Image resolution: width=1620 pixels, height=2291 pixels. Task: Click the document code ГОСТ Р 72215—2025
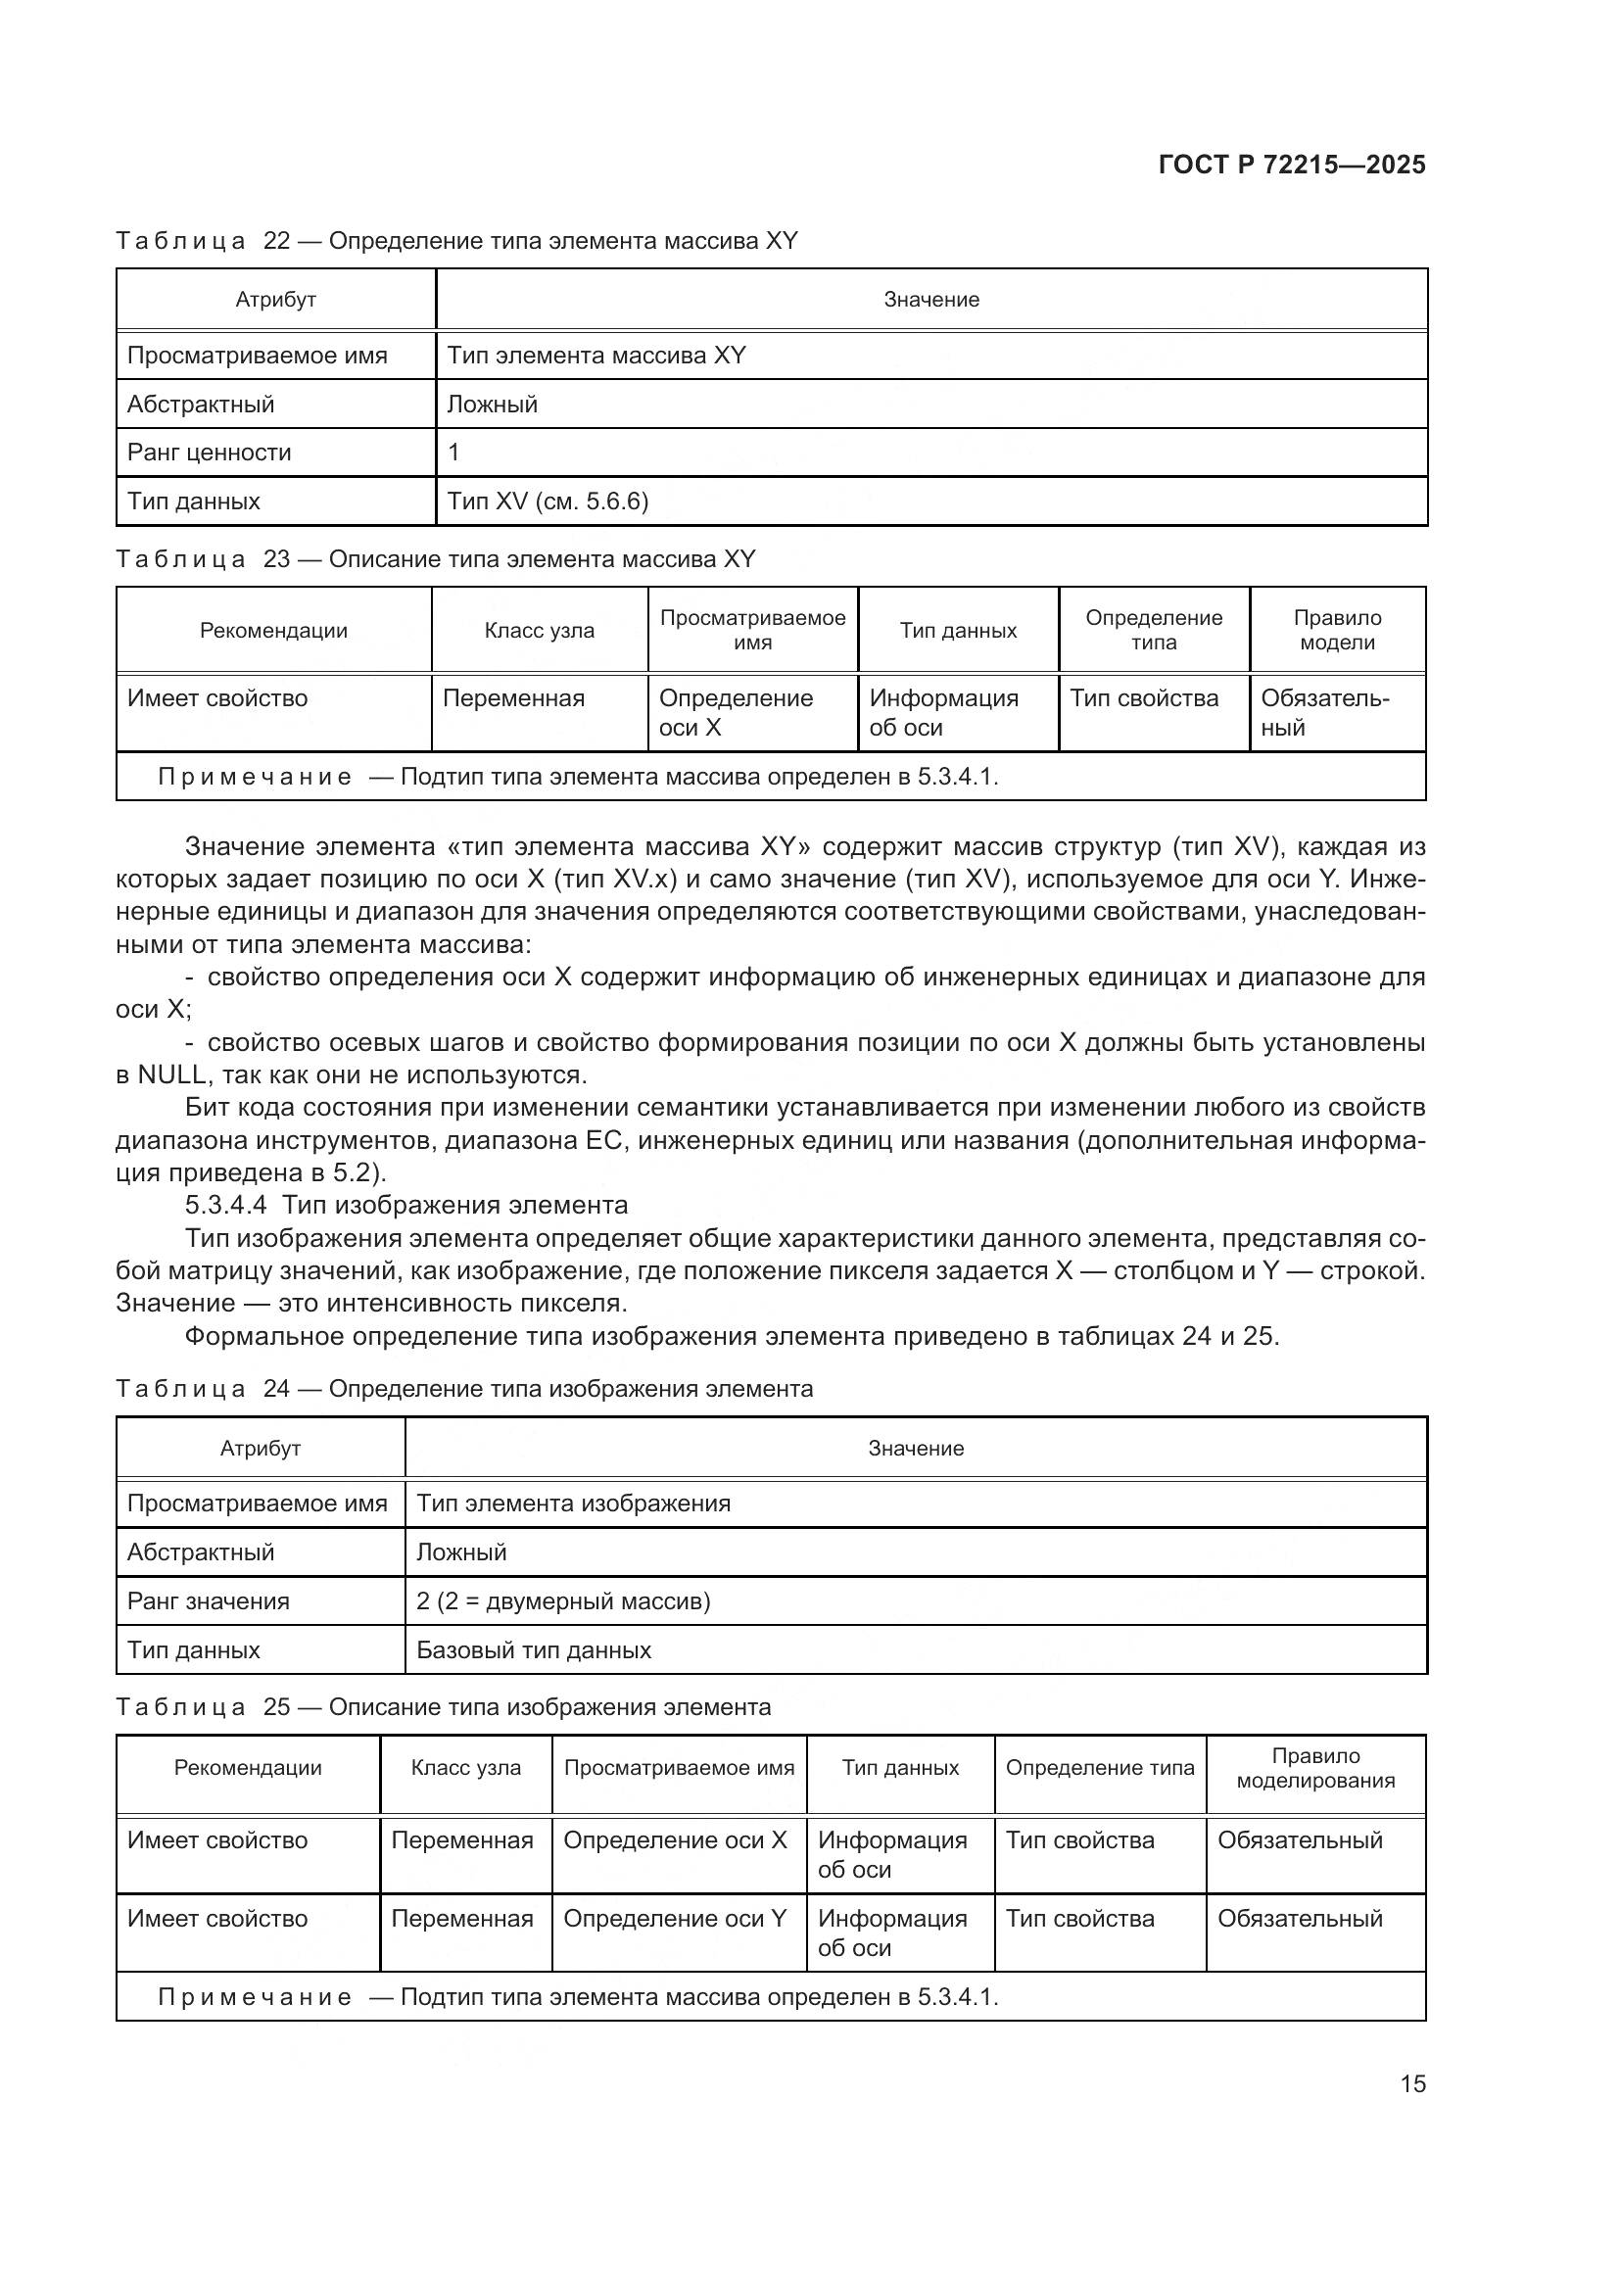[x=1292, y=165]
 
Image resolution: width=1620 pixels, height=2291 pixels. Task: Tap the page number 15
[x=1412, y=2083]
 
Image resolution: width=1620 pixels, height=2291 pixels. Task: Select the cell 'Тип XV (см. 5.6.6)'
[x=548, y=501]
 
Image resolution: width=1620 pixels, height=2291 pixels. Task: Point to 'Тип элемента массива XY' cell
[x=596, y=356]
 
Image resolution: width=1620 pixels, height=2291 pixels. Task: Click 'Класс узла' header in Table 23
[x=539, y=631]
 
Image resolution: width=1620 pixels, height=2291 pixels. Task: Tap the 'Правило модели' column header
[x=1337, y=630]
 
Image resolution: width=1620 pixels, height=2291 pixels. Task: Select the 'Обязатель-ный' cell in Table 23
[x=1324, y=712]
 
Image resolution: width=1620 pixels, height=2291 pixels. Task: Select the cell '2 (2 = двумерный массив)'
[x=562, y=1601]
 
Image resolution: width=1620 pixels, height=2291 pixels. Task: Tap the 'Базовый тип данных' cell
[x=534, y=1650]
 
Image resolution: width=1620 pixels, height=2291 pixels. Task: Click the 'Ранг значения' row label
[x=209, y=1601]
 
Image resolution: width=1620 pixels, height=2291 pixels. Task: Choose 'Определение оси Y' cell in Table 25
[x=676, y=1919]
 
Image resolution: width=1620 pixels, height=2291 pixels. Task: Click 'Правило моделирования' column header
[x=1314, y=1768]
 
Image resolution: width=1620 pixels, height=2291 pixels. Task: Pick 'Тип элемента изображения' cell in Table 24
[x=573, y=1503]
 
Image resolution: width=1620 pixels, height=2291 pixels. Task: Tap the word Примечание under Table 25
[x=255, y=1996]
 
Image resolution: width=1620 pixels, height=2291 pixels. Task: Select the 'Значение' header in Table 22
[x=930, y=300]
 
